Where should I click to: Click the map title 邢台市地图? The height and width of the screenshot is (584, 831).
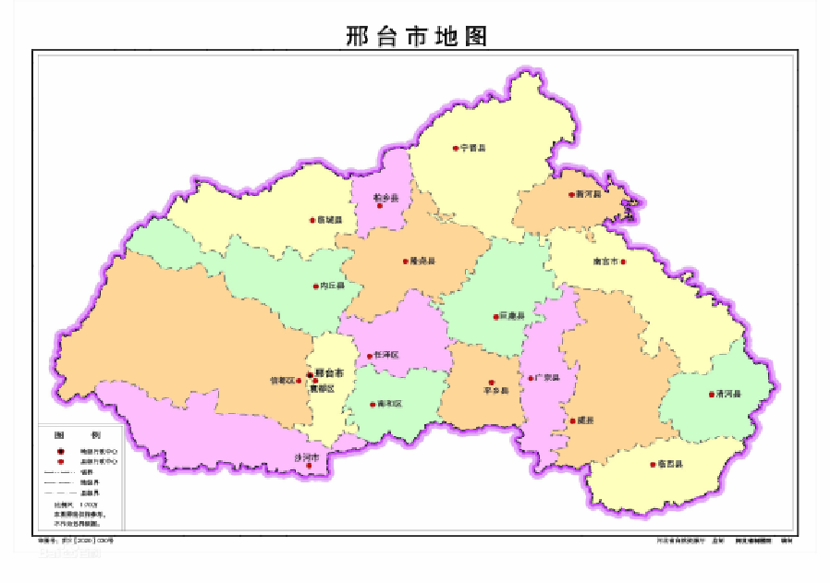click(x=416, y=36)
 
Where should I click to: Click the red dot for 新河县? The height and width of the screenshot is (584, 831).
click(x=571, y=195)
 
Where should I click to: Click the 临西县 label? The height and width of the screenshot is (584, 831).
click(x=670, y=464)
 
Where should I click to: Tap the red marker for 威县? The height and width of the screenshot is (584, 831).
click(x=573, y=421)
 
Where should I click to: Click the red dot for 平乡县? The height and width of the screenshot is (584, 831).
click(x=492, y=382)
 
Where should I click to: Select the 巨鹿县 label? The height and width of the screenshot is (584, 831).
click(x=512, y=317)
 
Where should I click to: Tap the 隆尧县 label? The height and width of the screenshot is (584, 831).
click(x=422, y=262)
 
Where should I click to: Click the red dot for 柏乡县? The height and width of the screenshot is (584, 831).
click(x=379, y=206)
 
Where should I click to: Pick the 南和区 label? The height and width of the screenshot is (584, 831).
click(x=389, y=404)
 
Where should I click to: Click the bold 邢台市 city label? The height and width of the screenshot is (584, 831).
click(x=329, y=372)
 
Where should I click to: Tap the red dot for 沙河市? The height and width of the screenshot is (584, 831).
click(x=310, y=466)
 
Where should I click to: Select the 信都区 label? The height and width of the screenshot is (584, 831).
click(x=281, y=380)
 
